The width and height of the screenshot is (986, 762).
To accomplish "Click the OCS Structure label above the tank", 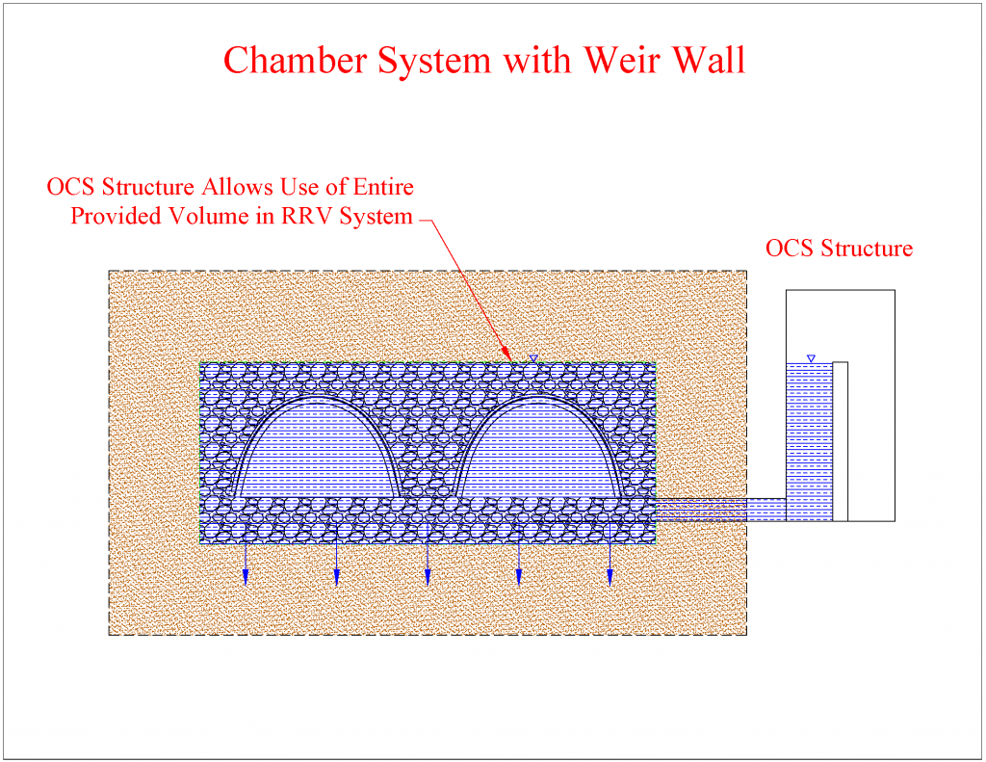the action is pyautogui.click(x=839, y=249).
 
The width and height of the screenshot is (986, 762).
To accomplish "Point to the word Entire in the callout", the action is pyautogui.click(x=383, y=187).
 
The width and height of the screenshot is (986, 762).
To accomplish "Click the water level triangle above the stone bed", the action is pyautogui.click(x=533, y=358).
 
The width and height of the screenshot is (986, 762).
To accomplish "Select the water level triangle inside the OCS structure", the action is pyautogui.click(x=811, y=358).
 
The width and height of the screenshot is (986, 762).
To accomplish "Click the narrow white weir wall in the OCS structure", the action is pyautogui.click(x=840, y=442).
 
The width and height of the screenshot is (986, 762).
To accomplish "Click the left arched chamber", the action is pyautogui.click(x=317, y=447).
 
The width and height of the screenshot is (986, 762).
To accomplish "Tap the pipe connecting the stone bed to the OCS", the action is pyautogui.click(x=720, y=510).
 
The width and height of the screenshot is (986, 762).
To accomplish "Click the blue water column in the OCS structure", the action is pyautogui.click(x=809, y=442).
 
